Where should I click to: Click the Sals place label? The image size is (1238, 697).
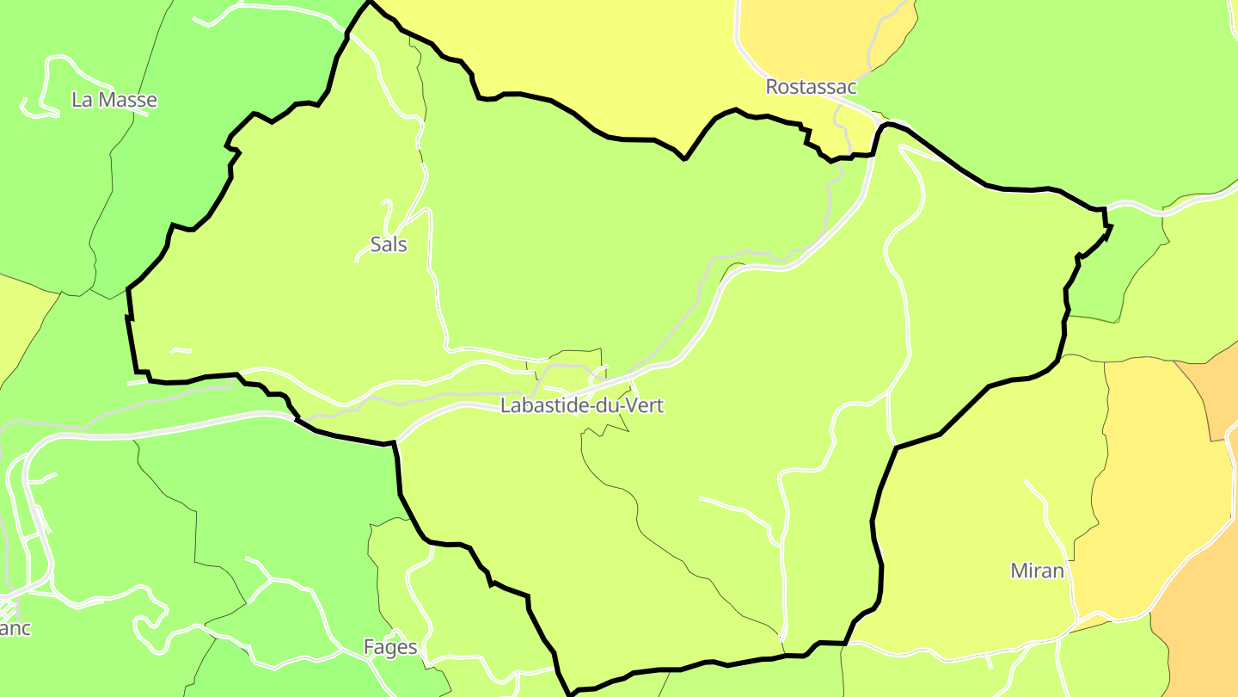click(x=389, y=244)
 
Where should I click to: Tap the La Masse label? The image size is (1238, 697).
click(x=114, y=100)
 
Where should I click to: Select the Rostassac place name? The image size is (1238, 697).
click(x=811, y=87)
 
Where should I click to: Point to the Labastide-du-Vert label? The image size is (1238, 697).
click(x=582, y=405)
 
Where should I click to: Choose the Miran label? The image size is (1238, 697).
click(x=1037, y=571)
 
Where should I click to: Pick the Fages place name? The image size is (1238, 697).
click(x=390, y=647)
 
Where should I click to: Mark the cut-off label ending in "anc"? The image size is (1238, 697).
click(x=15, y=629)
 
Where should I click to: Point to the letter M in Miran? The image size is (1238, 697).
click(x=1019, y=571)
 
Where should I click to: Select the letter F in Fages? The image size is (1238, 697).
click(x=369, y=647)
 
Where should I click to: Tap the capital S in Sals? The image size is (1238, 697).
click(x=376, y=244)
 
